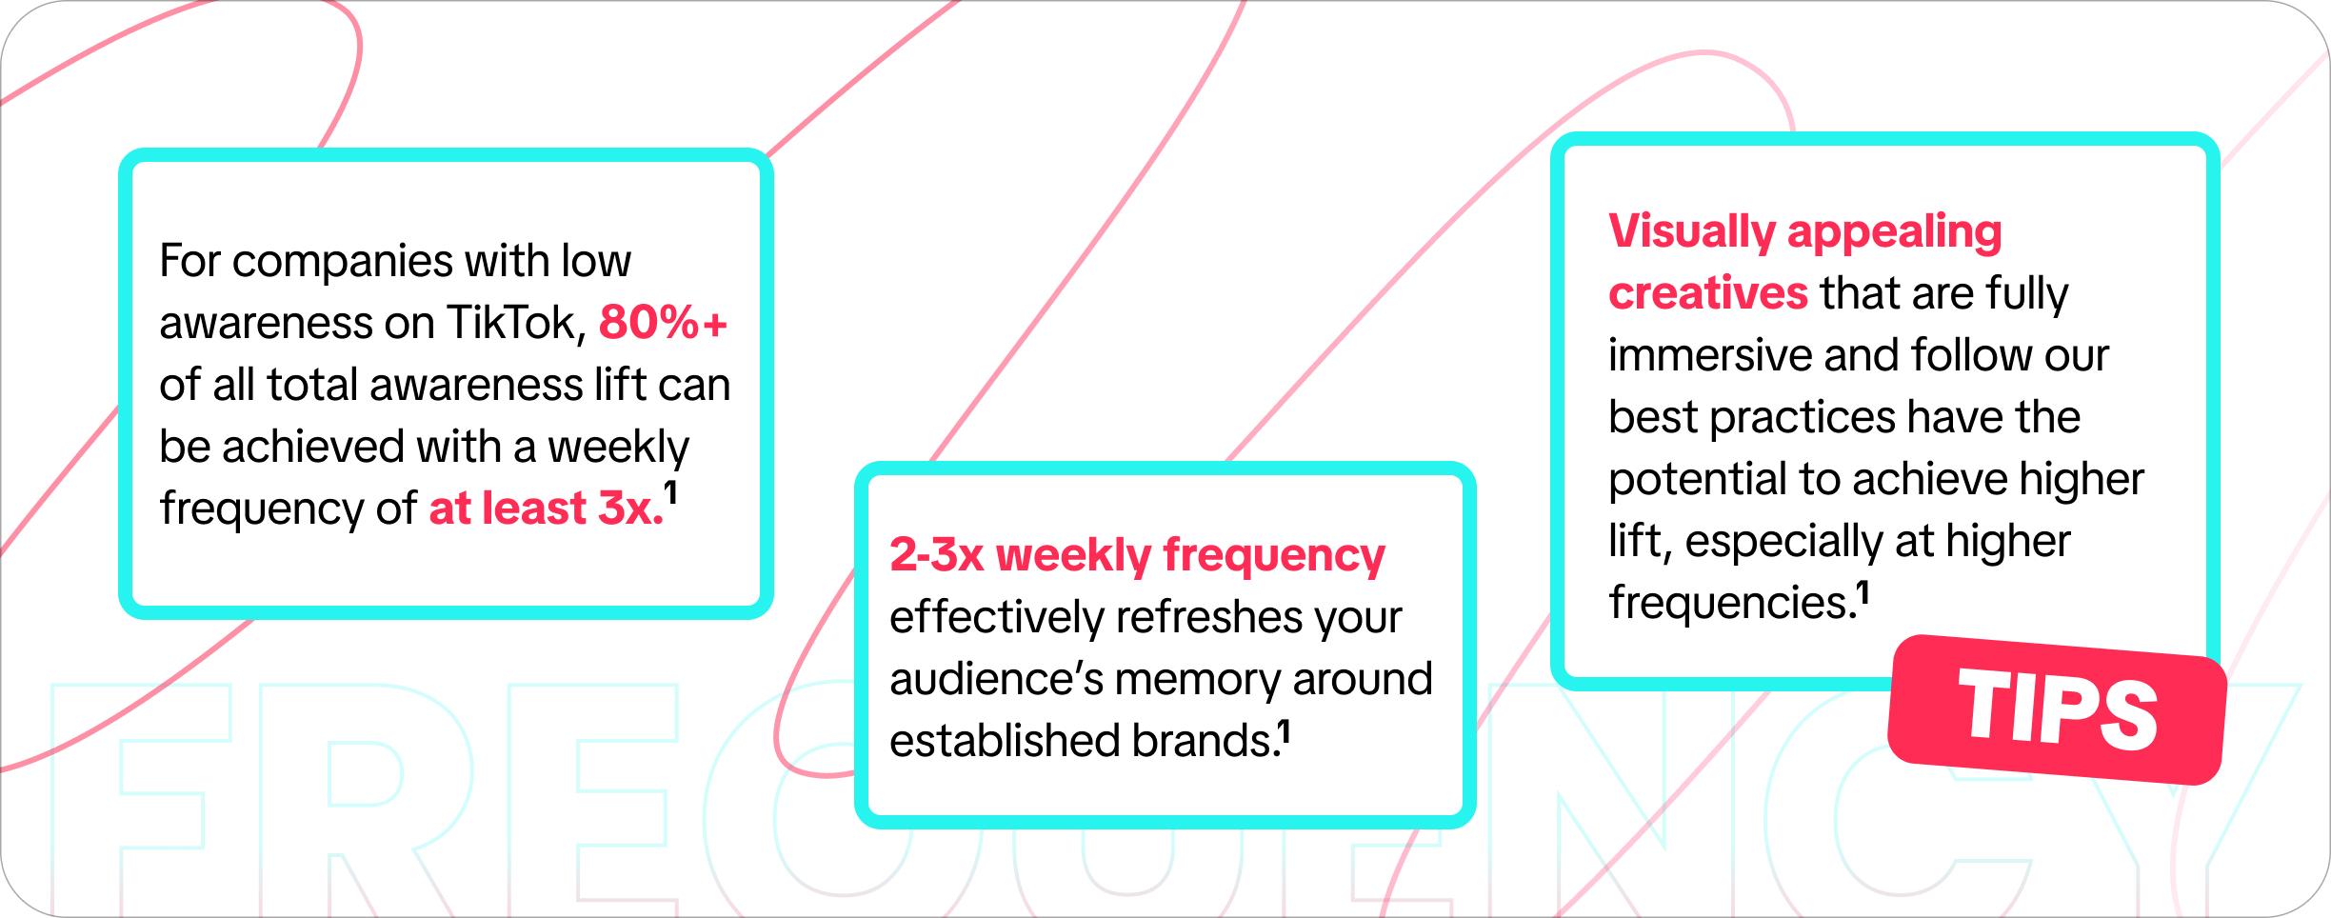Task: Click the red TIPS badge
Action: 2057,709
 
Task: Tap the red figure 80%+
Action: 663,323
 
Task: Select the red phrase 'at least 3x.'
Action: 546,509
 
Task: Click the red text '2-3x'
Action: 936,555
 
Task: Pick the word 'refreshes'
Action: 1208,617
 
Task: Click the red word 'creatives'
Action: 1707,293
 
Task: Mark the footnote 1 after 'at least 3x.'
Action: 670,493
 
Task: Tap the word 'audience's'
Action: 995,680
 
